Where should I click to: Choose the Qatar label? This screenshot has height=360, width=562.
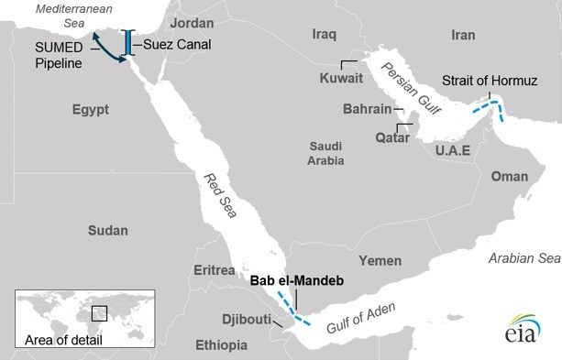[x=367, y=137]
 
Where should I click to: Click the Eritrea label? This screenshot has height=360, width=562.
[x=214, y=270]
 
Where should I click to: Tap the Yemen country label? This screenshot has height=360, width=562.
[x=380, y=261]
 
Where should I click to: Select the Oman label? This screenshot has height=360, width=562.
[x=509, y=176]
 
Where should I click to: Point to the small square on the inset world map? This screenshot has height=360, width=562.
[x=98, y=312]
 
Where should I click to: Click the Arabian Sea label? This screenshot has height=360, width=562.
[x=523, y=259]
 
